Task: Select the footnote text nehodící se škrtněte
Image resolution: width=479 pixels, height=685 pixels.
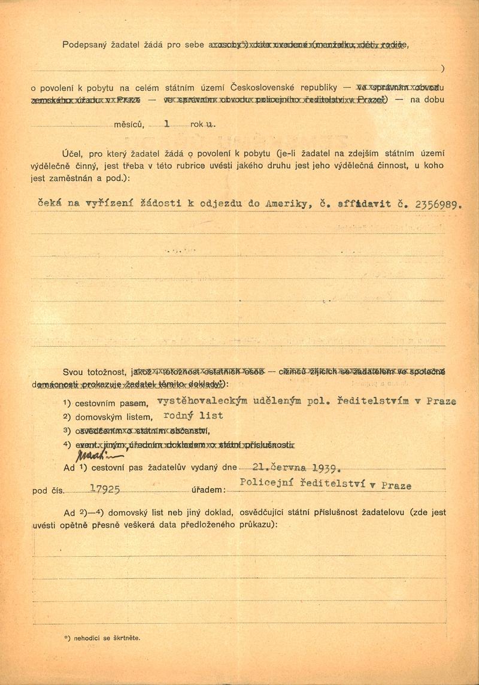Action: click(107, 638)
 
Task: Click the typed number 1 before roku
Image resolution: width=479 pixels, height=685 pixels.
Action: click(167, 125)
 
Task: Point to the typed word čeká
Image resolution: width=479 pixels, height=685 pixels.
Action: click(50, 204)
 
